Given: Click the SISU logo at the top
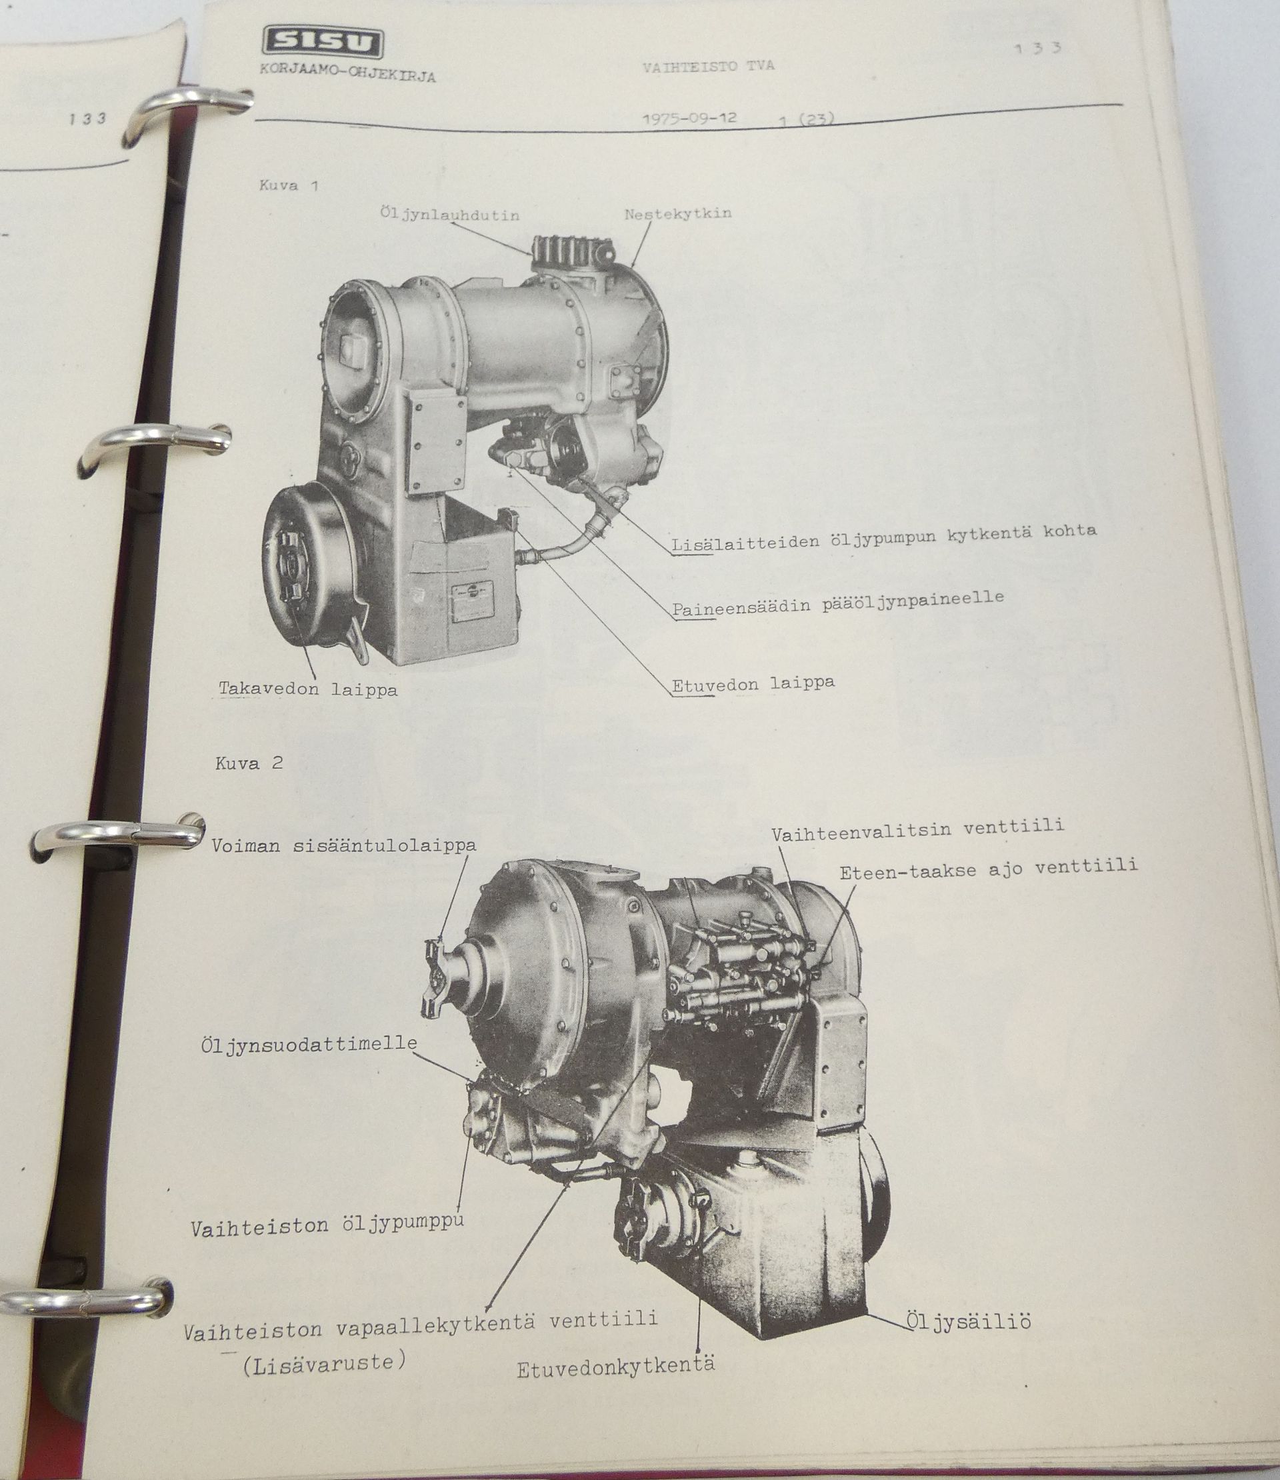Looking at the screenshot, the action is [321, 44].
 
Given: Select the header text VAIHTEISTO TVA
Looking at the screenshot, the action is [708, 67].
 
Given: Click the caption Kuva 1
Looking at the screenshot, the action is [289, 186].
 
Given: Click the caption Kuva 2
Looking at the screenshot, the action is [249, 763].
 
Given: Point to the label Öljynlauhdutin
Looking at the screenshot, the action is [450, 215].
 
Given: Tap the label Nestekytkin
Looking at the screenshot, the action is [678, 213].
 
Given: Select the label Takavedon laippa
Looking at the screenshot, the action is [308, 689].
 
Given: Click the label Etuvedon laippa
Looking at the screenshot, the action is [753, 683].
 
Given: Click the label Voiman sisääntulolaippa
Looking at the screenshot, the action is [343, 846].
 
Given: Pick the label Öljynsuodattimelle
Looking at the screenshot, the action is [309, 1044].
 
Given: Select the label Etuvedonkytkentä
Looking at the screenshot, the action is [616, 1369].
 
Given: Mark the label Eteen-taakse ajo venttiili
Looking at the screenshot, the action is [989, 869].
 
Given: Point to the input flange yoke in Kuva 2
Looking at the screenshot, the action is [437, 979].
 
